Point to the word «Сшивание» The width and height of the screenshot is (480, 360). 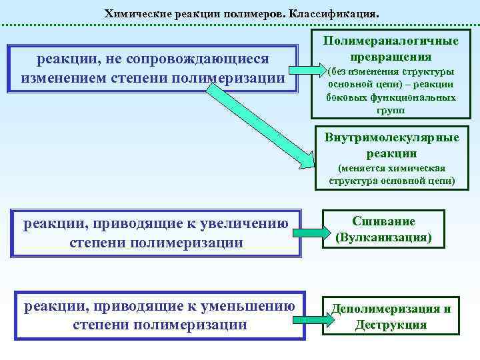coord(383,221)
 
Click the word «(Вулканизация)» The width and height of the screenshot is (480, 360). coord(383,237)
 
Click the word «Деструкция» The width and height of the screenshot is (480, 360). coord(391,325)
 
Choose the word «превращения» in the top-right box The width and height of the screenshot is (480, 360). coord(391,57)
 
